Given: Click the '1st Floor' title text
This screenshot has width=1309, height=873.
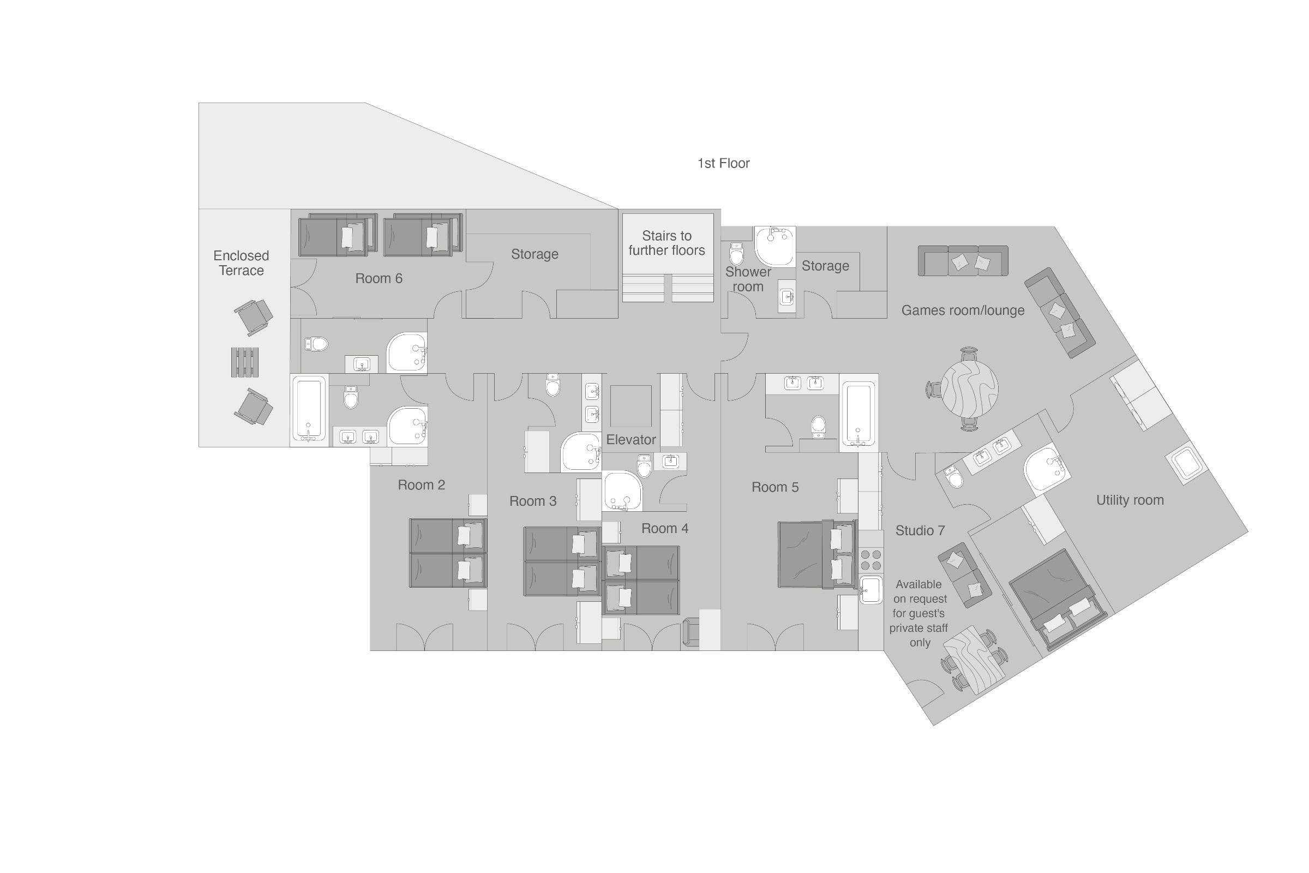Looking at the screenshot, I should [x=723, y=163].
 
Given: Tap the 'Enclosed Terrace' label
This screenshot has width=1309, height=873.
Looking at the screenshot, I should [x=241, y=263].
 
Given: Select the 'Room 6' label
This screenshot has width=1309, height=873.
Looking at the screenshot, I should [x=379, y=278].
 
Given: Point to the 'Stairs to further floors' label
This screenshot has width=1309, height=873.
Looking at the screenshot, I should [x=666, y=243].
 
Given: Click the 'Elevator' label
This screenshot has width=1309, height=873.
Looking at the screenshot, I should [x=631, y=439].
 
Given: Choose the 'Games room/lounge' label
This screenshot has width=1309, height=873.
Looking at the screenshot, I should [x=962, y=310].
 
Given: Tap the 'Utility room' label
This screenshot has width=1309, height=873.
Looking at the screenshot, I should [x=1129, y=500].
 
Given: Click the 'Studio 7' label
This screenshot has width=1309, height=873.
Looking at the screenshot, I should [x=920, y=530].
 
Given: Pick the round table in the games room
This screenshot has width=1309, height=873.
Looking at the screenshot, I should [x=970, y=388].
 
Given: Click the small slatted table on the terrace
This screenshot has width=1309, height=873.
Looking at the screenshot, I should [x=245, y=362].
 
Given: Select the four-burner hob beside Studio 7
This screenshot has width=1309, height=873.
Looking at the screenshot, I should [x=870, y=560].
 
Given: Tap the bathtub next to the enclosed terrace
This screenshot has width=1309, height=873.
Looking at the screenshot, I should [x=309, y=409].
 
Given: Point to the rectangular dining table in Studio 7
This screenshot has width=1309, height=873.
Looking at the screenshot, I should [x=974, y=660].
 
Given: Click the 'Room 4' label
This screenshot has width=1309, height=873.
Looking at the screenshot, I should [x=664, y=528].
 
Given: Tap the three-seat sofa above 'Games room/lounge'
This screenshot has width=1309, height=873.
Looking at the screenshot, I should [x=962, y=261].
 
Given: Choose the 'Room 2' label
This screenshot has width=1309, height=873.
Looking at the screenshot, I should [x=421, y=485].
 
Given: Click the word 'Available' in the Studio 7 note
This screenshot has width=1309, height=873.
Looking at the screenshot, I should [x=918, y=584].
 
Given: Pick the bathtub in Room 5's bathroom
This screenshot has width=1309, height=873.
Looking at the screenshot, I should [x=857, y=413].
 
